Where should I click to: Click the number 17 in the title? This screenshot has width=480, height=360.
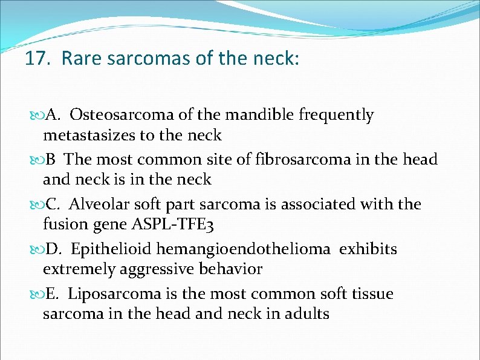click(x=36, y=59)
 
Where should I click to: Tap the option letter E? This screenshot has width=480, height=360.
click(x=51, y=294)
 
